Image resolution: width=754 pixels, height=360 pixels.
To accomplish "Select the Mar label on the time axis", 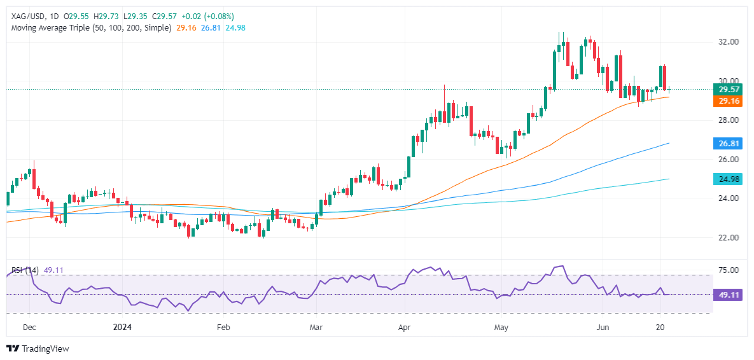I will click(x=316, y=327).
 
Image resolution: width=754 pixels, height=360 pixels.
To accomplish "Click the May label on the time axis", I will click(x=501, y=327).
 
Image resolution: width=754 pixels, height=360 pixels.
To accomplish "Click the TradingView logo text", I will click(x=45, y=349).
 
